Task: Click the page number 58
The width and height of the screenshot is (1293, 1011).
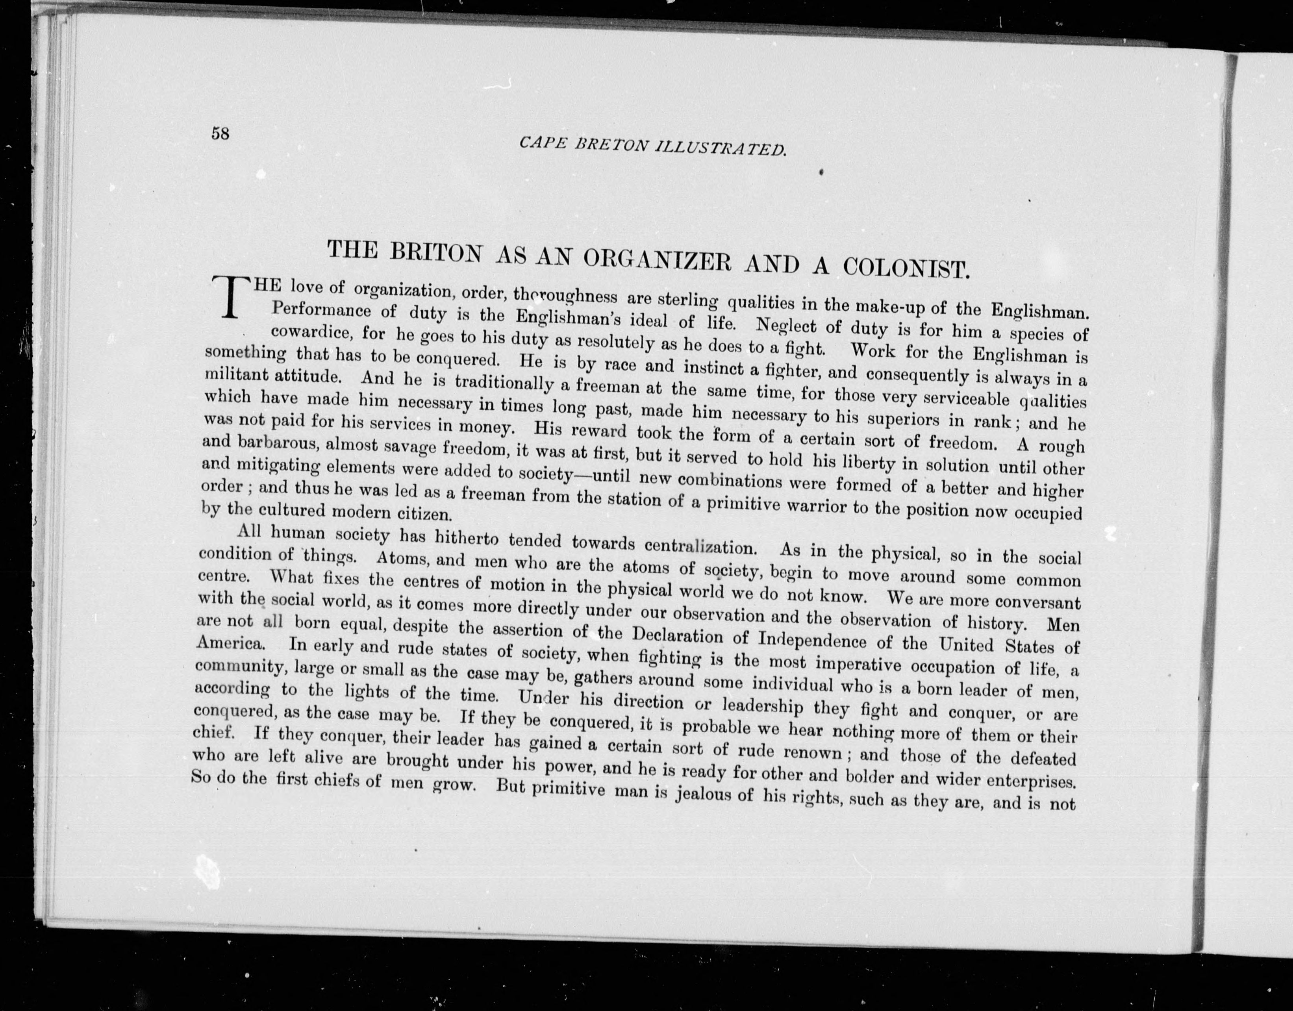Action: [220, 134]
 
